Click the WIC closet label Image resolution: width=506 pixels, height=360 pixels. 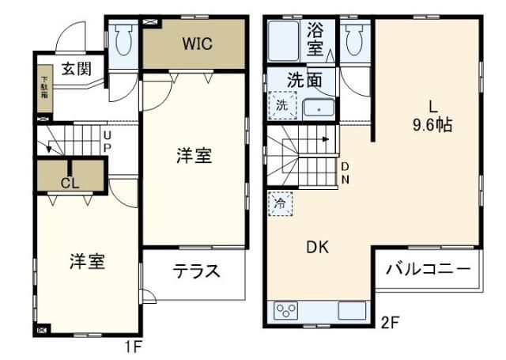point(197,43)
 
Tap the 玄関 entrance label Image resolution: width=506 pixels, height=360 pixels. point(77,68)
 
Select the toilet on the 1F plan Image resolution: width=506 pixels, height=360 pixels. point(123,37)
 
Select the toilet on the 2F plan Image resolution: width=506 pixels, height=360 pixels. point(355,37)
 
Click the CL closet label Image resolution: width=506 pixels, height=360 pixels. point(70,182)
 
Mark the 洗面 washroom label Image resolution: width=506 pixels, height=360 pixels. point(303,80)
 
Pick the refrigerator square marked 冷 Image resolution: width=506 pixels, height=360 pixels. point(280,203)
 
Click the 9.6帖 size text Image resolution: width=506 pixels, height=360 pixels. point(432,124)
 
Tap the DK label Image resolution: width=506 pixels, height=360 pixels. point(318,246)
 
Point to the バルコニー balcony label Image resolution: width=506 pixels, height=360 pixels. point(427,270)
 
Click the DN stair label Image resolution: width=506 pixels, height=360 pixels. point(345,172)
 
